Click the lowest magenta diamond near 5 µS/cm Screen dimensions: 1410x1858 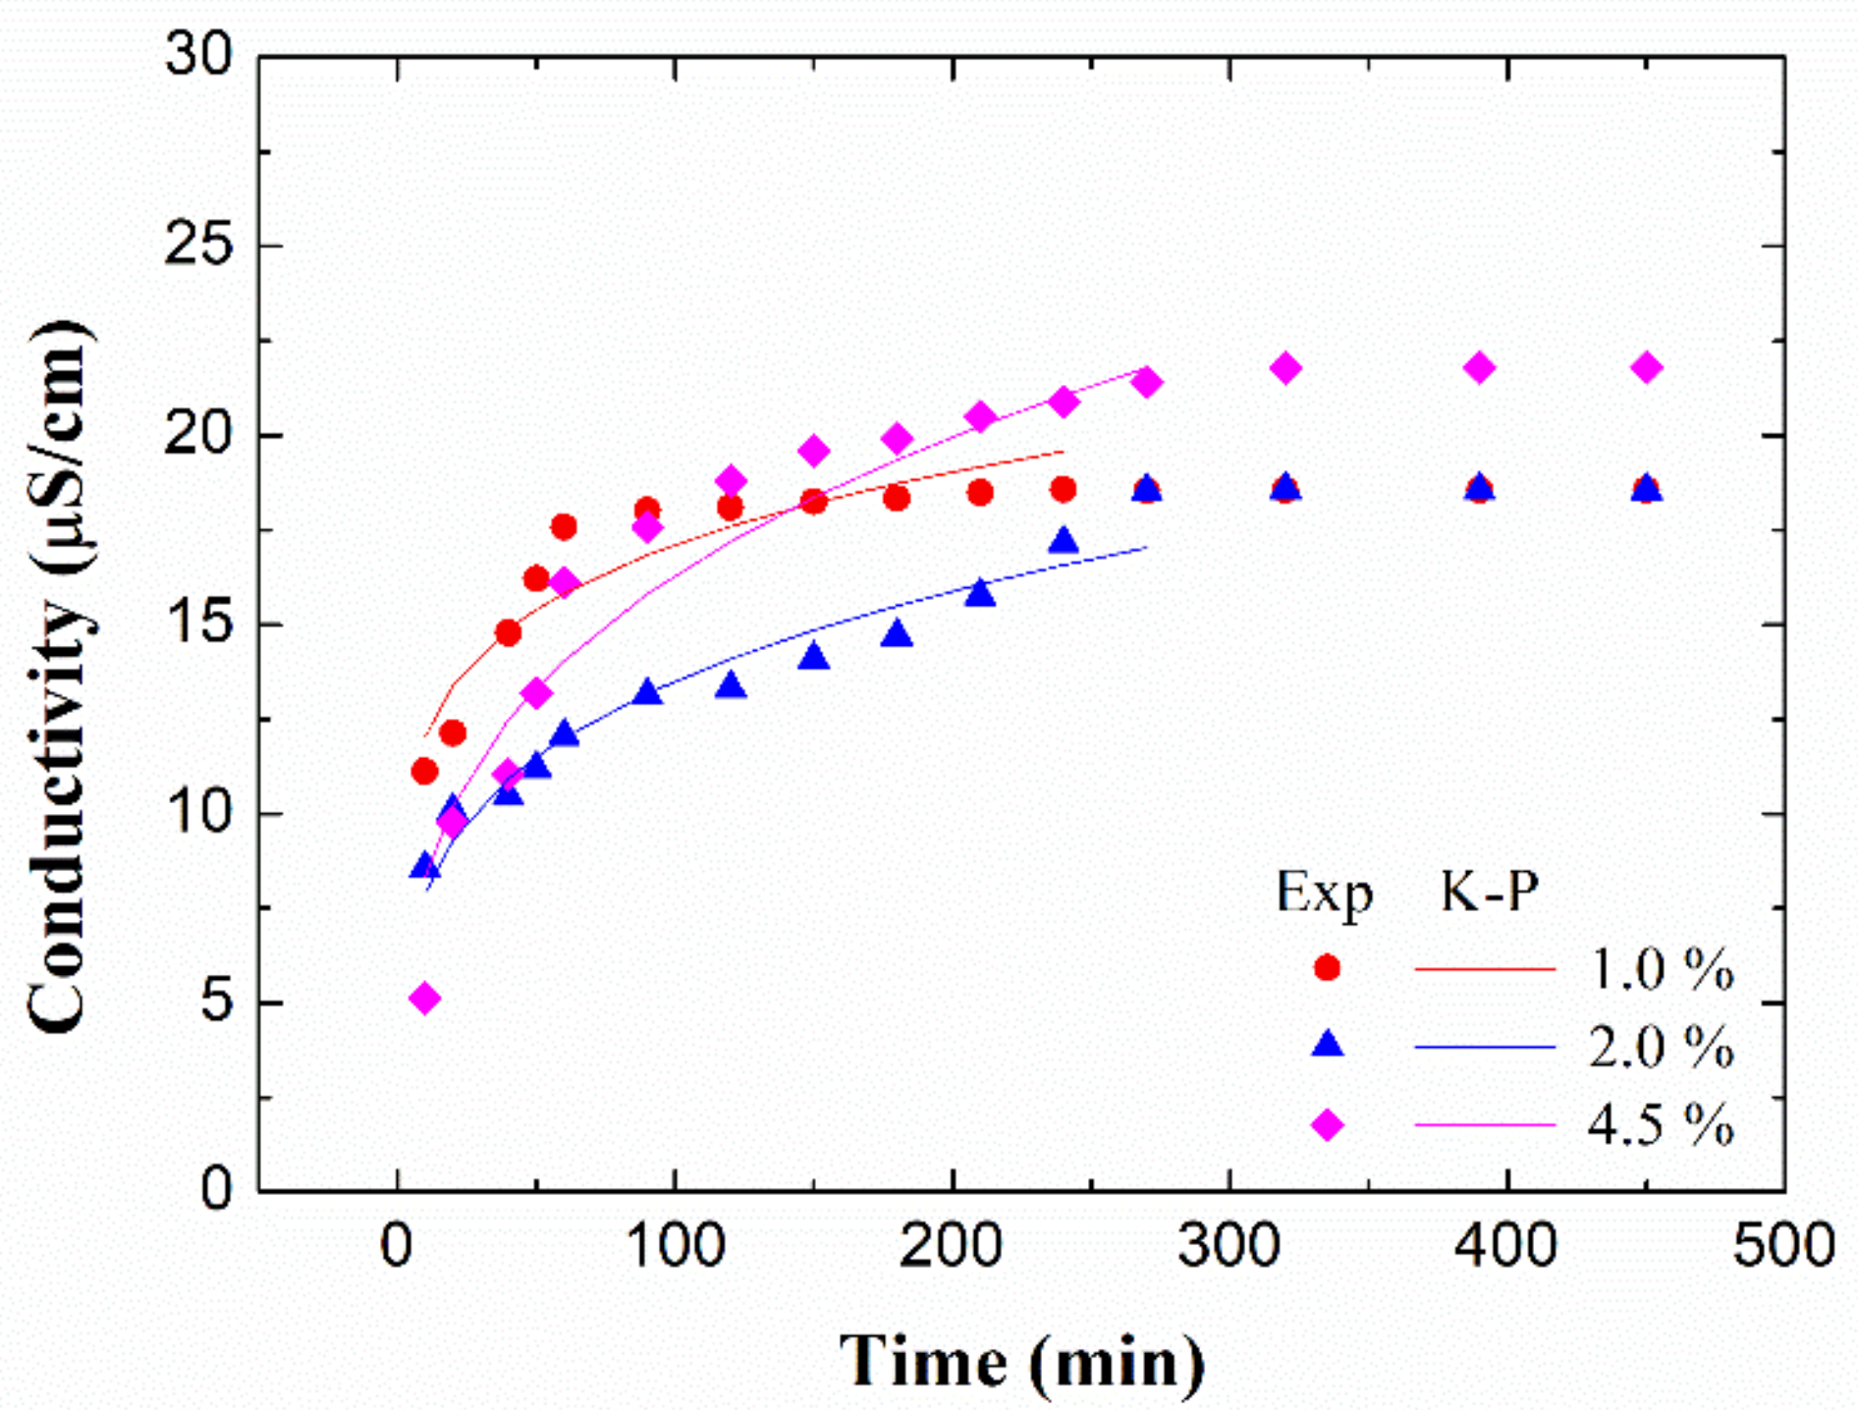click(x=424, y=999)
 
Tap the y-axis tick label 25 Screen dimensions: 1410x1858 click(x=200, y=244)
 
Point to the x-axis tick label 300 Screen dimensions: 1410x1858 click(x=1229, y=1245)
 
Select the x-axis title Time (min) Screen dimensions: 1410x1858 click(x=1021, y=1361)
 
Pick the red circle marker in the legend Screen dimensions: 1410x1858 click(x=1327, y=967)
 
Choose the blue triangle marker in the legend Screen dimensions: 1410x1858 click(x=1327, y=1044)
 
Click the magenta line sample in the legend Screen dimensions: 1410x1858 click(x=1485, y=1124)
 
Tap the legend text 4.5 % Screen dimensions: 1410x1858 click(x=1660, y=1124)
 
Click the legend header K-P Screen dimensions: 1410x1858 click(x=1489, y=892)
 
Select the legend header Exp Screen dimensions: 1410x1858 click(x=1324, y=894)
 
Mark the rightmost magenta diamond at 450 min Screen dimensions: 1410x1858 click(x=1647, y=368)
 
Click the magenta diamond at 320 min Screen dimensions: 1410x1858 click(x=1285, y=368)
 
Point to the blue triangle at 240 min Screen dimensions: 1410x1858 click(x=1064, y=541)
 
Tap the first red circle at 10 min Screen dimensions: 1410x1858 click(x=424, y=772)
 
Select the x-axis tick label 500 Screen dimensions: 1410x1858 click(x=1783, y=1245)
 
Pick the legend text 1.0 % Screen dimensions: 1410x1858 click(x=1660, y=969)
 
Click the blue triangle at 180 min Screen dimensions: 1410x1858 click(x=897, y=634)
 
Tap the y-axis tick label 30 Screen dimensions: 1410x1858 click(x=200, y=55)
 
